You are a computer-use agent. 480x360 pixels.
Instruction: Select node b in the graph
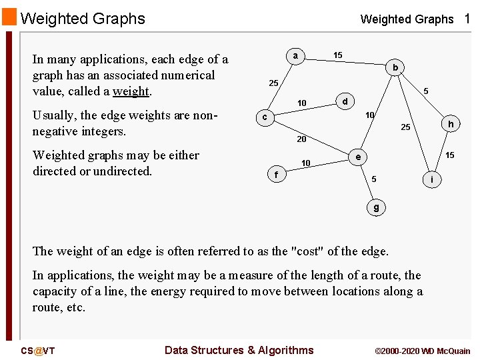pos(395,67)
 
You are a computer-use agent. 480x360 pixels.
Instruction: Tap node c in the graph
pos(265,117)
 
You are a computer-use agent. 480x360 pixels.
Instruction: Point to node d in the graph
pos(345,102)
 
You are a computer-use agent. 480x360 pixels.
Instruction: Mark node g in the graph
pos(376,207)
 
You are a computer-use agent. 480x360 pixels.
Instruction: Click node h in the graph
pos(451,124)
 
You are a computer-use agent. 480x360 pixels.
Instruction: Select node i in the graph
pos(433,179)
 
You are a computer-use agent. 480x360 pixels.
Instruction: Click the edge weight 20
pos(301,139)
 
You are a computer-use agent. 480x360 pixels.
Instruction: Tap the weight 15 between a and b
pos(338,55)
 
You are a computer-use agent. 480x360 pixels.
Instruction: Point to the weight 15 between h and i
pos(450,155)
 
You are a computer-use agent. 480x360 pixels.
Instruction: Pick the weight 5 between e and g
pos(374,179)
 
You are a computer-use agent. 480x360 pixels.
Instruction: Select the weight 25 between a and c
pos(273,83)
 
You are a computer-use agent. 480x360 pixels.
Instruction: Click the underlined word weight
pos(131,91)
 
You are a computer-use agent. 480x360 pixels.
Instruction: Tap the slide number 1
pos(467,19)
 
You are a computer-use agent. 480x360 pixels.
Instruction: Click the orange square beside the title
pos(9,17)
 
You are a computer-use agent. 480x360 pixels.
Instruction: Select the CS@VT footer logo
pos(38,351)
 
